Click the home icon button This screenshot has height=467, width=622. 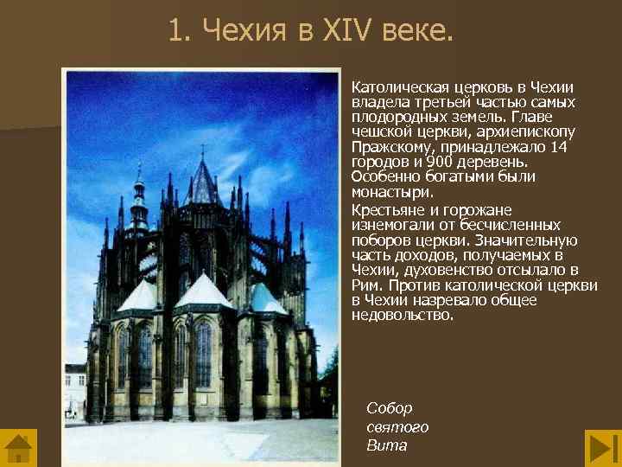pyautogui.click(x=19, y=447)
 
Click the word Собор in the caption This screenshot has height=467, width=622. pyautogui.click(x=390, y=408)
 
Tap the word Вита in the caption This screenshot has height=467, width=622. pyautogui.click(x=386, y=446)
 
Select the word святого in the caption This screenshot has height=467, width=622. pyautogui.click(x=397, y=427)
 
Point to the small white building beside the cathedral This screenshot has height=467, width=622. pyautogui.click(x=75, y=389)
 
